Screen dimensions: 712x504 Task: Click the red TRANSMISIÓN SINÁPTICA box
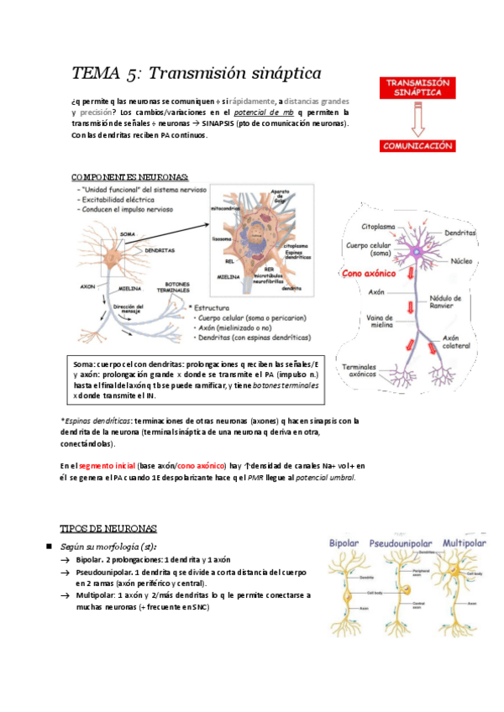tap(418, 88)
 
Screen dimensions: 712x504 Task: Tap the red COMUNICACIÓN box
tap(418, 145)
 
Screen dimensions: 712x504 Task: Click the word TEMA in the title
tap(94, 73)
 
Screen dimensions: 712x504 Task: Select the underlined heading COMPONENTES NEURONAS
tap(130, 177)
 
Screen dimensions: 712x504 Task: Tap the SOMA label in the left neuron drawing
tap(128, 233)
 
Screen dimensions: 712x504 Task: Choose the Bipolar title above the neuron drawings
tap(347, 542)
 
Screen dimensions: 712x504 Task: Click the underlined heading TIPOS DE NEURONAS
tap(108, 528)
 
